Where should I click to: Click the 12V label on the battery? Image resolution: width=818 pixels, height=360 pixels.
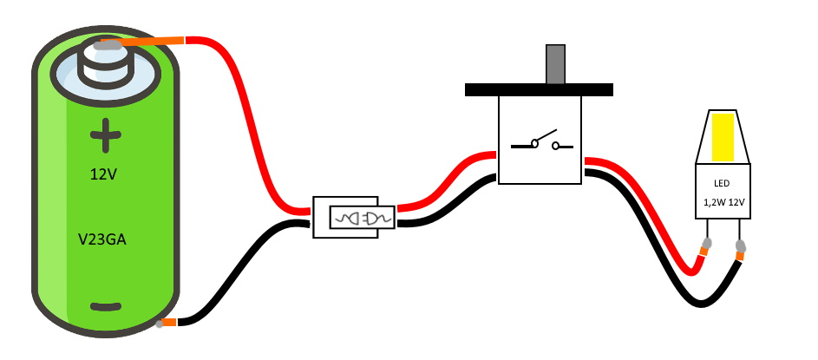104,175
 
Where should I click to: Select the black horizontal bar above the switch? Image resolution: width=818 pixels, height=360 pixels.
539,88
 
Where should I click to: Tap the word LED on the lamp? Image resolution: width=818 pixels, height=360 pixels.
723,183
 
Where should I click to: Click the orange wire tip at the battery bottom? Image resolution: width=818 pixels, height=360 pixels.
169,323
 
